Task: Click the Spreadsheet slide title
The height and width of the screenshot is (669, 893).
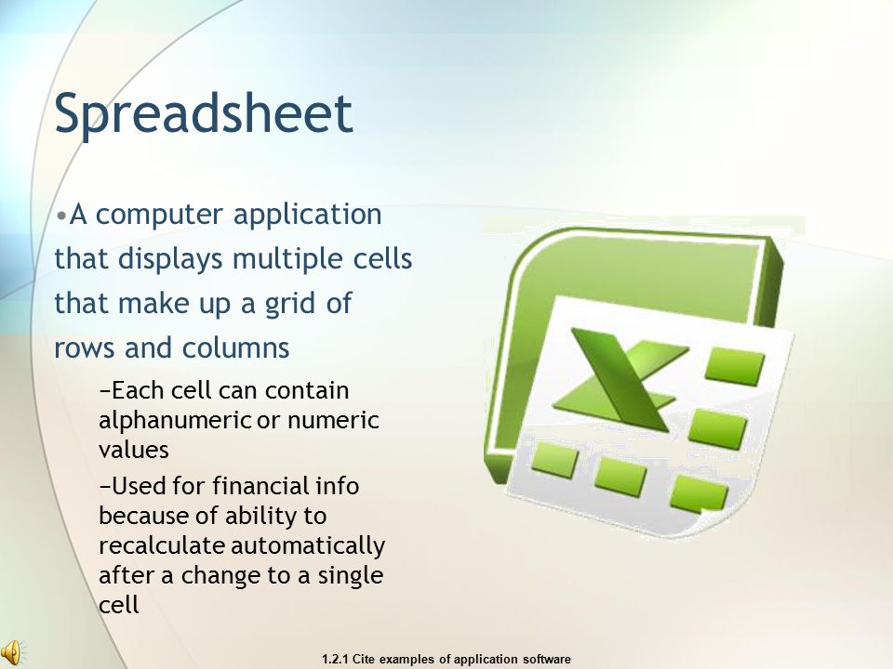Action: tap(204, 113)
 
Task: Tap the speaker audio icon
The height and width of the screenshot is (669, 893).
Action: tap(11, 653)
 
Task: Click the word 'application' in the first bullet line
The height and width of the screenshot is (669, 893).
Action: tap(308, 216)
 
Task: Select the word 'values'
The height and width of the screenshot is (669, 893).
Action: tap(134, 450)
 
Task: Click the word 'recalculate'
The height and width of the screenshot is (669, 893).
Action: tap(162, 545)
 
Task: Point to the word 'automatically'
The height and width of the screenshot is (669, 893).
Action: tap(308, 546)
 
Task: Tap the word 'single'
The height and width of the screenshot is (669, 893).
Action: tap(351, 576)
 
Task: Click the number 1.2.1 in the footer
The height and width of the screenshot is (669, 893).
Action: tap(336, 660)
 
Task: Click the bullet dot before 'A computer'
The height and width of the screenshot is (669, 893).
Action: tap(61, 216)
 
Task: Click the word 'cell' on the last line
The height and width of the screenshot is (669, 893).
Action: tap(118, 605)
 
